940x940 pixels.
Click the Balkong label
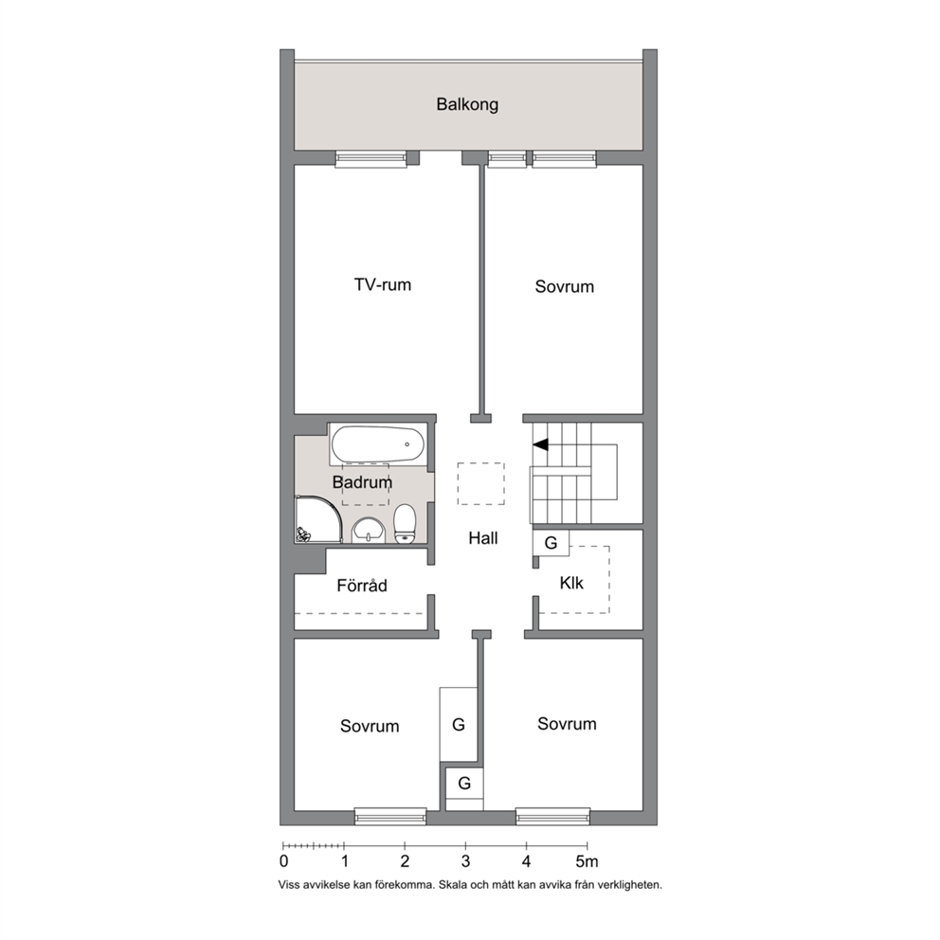coord(467,105)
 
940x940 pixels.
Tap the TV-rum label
coord(383,284)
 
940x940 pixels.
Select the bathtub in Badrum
coord(378,444)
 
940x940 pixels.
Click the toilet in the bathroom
coord(405,524)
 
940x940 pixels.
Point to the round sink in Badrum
coord(368,531)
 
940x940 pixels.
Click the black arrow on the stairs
coord(541,444)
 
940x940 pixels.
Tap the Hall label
coord(483,538)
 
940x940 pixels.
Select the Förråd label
coord(361,585)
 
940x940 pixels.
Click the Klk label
coord(571,583)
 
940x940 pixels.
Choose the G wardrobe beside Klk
coord(551,543)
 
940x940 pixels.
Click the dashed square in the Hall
coord(480,484)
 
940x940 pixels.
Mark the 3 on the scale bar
coord(466,861)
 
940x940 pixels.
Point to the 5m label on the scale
coord(587,861)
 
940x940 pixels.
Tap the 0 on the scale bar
coord(283,861)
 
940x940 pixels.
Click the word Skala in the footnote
coord(454,884)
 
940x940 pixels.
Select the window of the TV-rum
coord(371,158)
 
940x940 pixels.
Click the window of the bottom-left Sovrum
coord(390,815)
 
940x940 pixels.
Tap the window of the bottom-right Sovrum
coord(552,815)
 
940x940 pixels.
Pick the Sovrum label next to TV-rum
coord(565,286)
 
